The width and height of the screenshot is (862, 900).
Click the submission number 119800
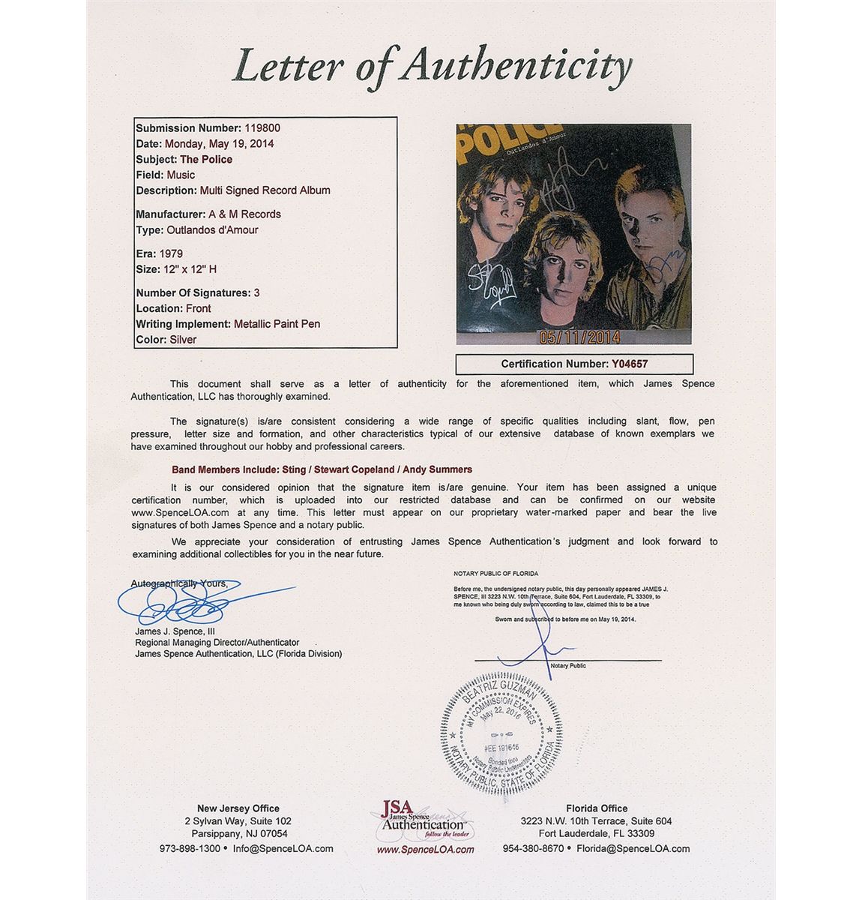pyautogui.click(x=262, y=128)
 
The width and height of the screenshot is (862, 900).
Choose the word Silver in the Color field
pyautogui.click(x=183, y=340)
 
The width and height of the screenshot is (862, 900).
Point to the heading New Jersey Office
pyautogui.click(x=238, y=808)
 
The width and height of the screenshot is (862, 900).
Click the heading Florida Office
pyautogui.click(x=597, y=808)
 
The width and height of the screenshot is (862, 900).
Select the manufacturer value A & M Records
pyautogui.click(x=244, y=214)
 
